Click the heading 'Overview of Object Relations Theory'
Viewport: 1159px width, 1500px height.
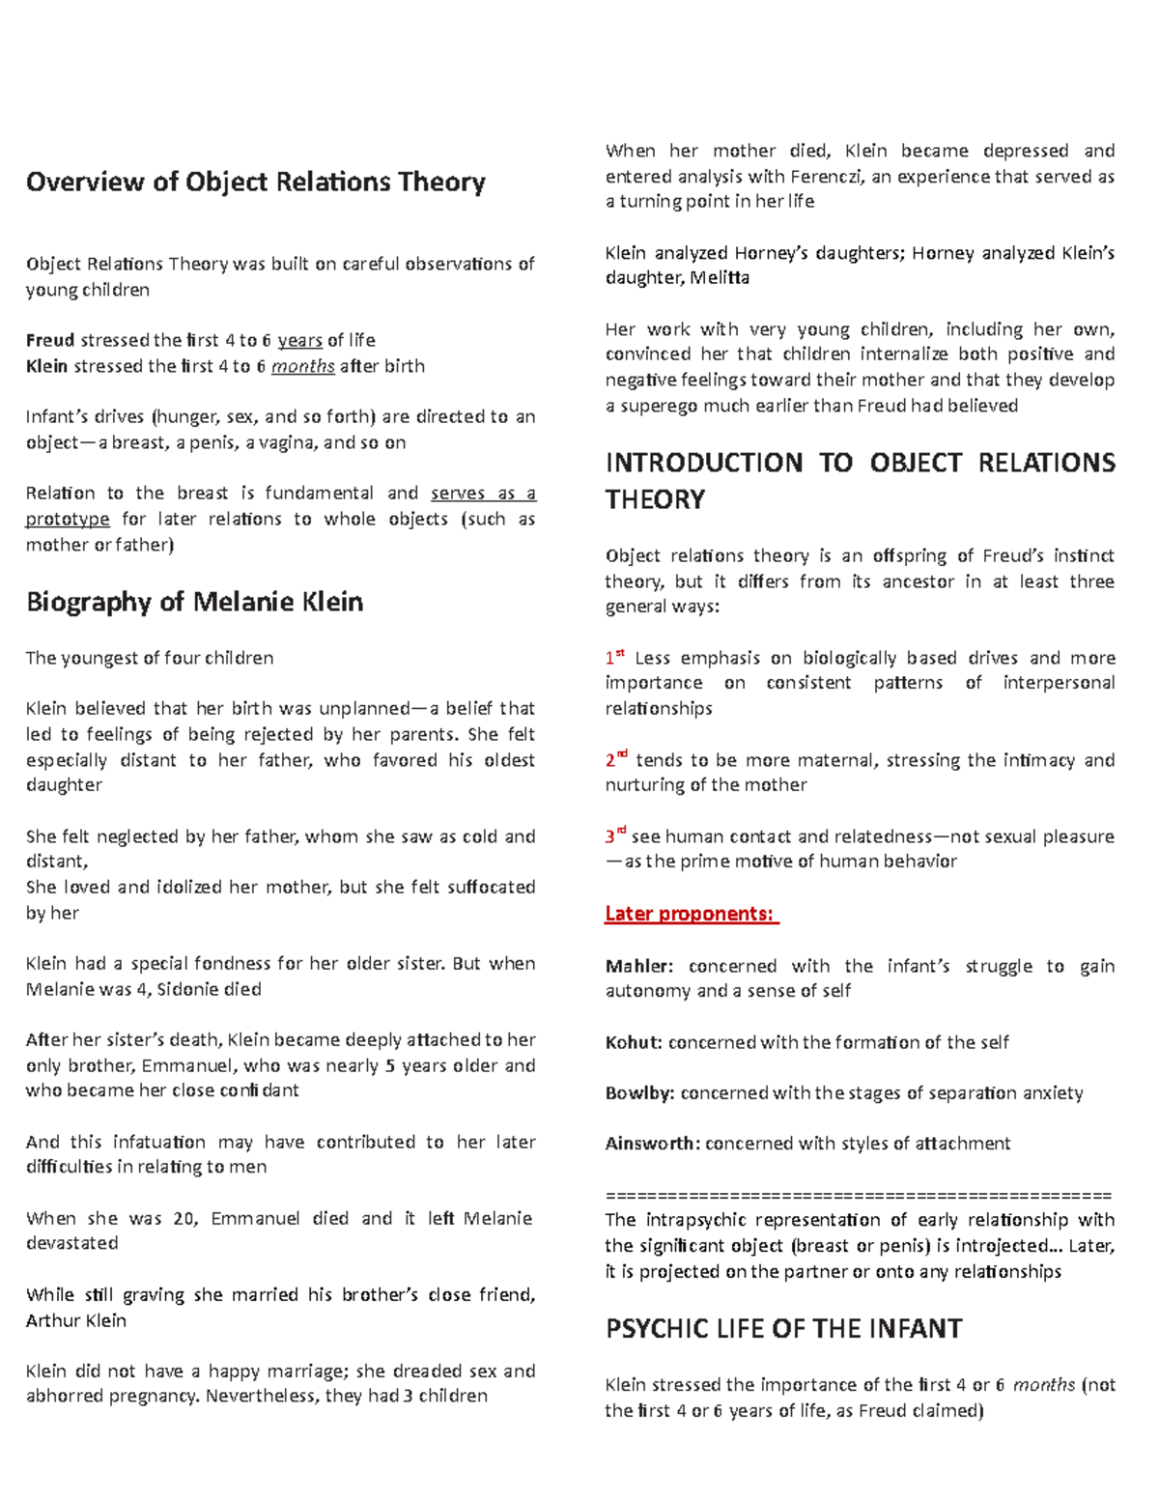click(255, 182)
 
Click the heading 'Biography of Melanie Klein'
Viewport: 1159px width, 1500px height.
click(194, 602)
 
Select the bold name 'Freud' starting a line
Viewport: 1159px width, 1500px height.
click(49, 340)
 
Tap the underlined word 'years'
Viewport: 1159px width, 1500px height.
click(299, 340)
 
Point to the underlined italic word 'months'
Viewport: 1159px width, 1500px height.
click(302, 366)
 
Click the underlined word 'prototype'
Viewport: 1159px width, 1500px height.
click(68, 519)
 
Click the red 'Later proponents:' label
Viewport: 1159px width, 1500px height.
click(691, 913)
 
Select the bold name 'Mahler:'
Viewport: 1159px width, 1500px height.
click(638, 966)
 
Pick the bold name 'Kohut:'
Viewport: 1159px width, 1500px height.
click(634, 1042)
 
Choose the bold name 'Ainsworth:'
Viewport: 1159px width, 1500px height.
click(652, 1144)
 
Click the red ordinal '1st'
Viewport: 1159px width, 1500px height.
click(614, 658)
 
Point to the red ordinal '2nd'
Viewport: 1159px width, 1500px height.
click(616, 759)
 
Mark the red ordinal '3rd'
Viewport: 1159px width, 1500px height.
click(616, 835)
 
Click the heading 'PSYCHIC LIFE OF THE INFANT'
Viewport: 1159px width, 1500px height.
click(783, 1329)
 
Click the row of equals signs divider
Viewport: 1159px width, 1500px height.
click(859, 1195)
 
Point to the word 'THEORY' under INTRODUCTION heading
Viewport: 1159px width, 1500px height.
click(655, 499)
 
